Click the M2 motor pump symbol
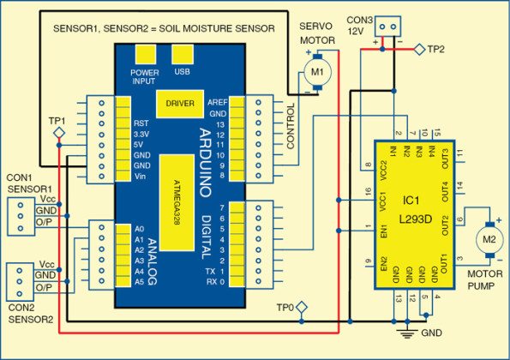[x=488, y=236]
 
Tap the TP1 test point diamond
[x=58, y=135]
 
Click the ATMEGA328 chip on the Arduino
[x=186, y=202]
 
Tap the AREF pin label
[x=218, y=101]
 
